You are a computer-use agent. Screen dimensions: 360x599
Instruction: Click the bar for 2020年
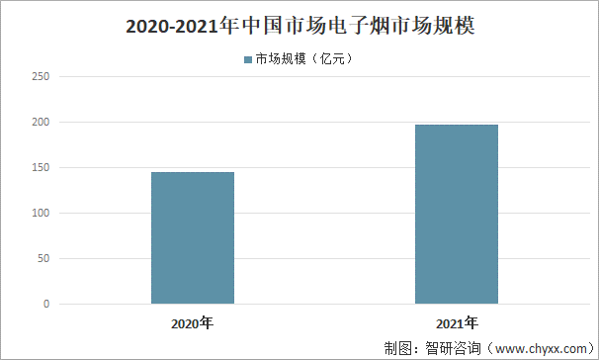(x=193, y=237)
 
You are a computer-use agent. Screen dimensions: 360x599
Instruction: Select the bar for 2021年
(x=457, y=214)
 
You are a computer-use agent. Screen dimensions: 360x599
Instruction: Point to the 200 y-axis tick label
(x=41, y=122)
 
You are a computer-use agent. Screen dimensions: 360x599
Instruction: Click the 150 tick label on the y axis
(x=41, y=167)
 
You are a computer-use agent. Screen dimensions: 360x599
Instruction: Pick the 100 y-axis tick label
(x=41, y=213)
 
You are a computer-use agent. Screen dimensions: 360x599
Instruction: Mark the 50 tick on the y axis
(x=43, y=258)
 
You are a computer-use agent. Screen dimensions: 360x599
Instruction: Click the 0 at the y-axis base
(x=46, y=304)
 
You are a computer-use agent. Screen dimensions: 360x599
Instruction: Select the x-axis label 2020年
(x=192, y=322)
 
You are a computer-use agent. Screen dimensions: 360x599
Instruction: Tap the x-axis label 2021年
(x=457, y=322)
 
